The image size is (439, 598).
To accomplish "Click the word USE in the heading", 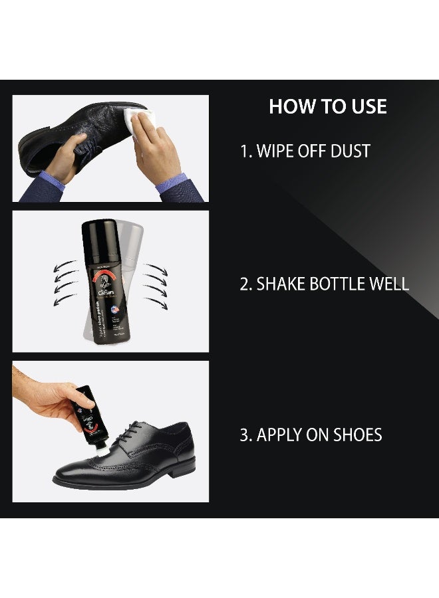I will pos(365,107).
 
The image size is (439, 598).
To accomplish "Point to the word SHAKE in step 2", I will pos(280,284).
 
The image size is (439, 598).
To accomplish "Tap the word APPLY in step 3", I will pos(281,435).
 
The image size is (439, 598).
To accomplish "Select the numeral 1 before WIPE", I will pos(244,151).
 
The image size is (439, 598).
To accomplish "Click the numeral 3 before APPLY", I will pos(245,435).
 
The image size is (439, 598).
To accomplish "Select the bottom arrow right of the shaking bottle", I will pos(157,304).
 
